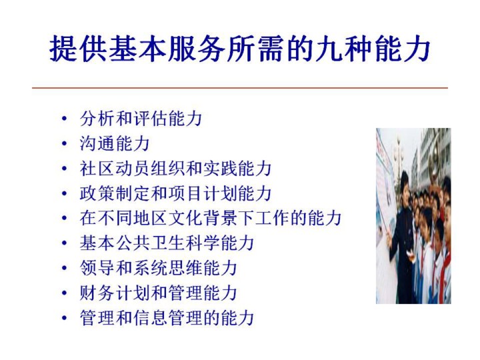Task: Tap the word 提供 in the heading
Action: (x=78, y=49)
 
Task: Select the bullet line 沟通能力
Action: (x=115, y=143)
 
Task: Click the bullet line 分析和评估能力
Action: (x=141, y=119)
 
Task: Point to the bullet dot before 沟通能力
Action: (x=64, y=143)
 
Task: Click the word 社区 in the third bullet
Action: (x=97, y=169)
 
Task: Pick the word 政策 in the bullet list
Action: (x=97, y=193)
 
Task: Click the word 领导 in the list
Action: (x=97, y=268)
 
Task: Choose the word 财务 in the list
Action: (x=97, y=293)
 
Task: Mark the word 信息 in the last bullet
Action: (x=150, y=318)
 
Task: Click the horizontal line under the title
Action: (x=240, y=88)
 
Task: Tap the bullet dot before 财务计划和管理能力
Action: (x=64, y=293)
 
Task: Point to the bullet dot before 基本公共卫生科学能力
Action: (x=64, y=243)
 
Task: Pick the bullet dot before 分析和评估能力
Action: (x=64, y=119)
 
